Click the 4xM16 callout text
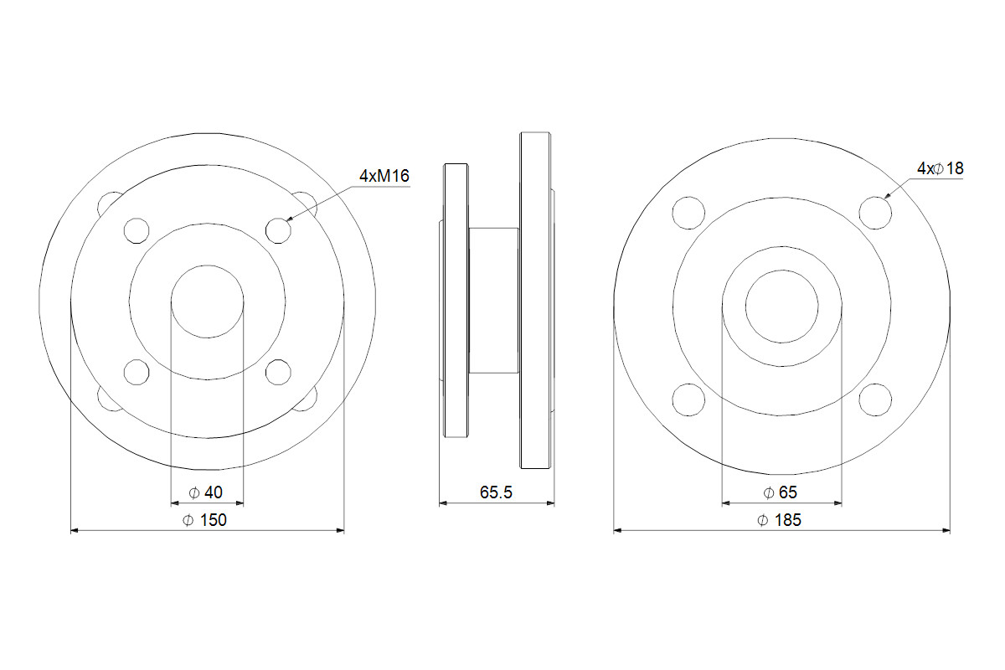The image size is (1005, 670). click(384, 176)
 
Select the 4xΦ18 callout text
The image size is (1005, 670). click(940, 168)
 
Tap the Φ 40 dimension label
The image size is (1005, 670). click(205, 492)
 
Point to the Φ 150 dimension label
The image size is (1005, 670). click(204, 519)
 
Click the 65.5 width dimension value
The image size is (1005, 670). click(496, 492)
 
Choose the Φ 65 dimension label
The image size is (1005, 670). click(781, 492)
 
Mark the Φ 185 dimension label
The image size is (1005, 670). click(780, 519)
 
